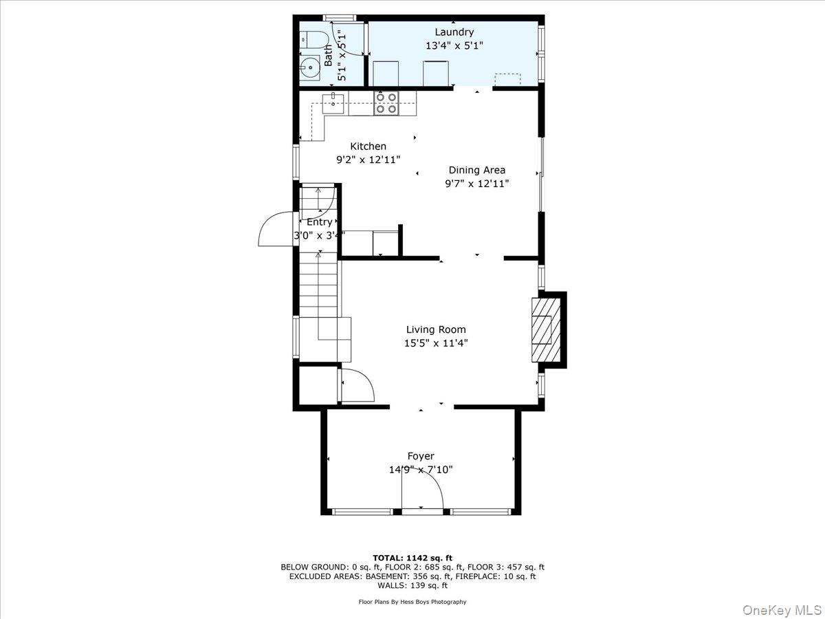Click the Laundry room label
454,32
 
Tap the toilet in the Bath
309,39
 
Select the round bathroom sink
310,67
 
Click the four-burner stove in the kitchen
385,103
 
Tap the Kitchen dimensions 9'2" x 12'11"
368,160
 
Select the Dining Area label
476,170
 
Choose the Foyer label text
420,456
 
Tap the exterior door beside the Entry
277,230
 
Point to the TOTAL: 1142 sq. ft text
412,558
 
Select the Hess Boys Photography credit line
412,602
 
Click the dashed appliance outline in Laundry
507,79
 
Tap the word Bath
329,55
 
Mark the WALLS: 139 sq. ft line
412,586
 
